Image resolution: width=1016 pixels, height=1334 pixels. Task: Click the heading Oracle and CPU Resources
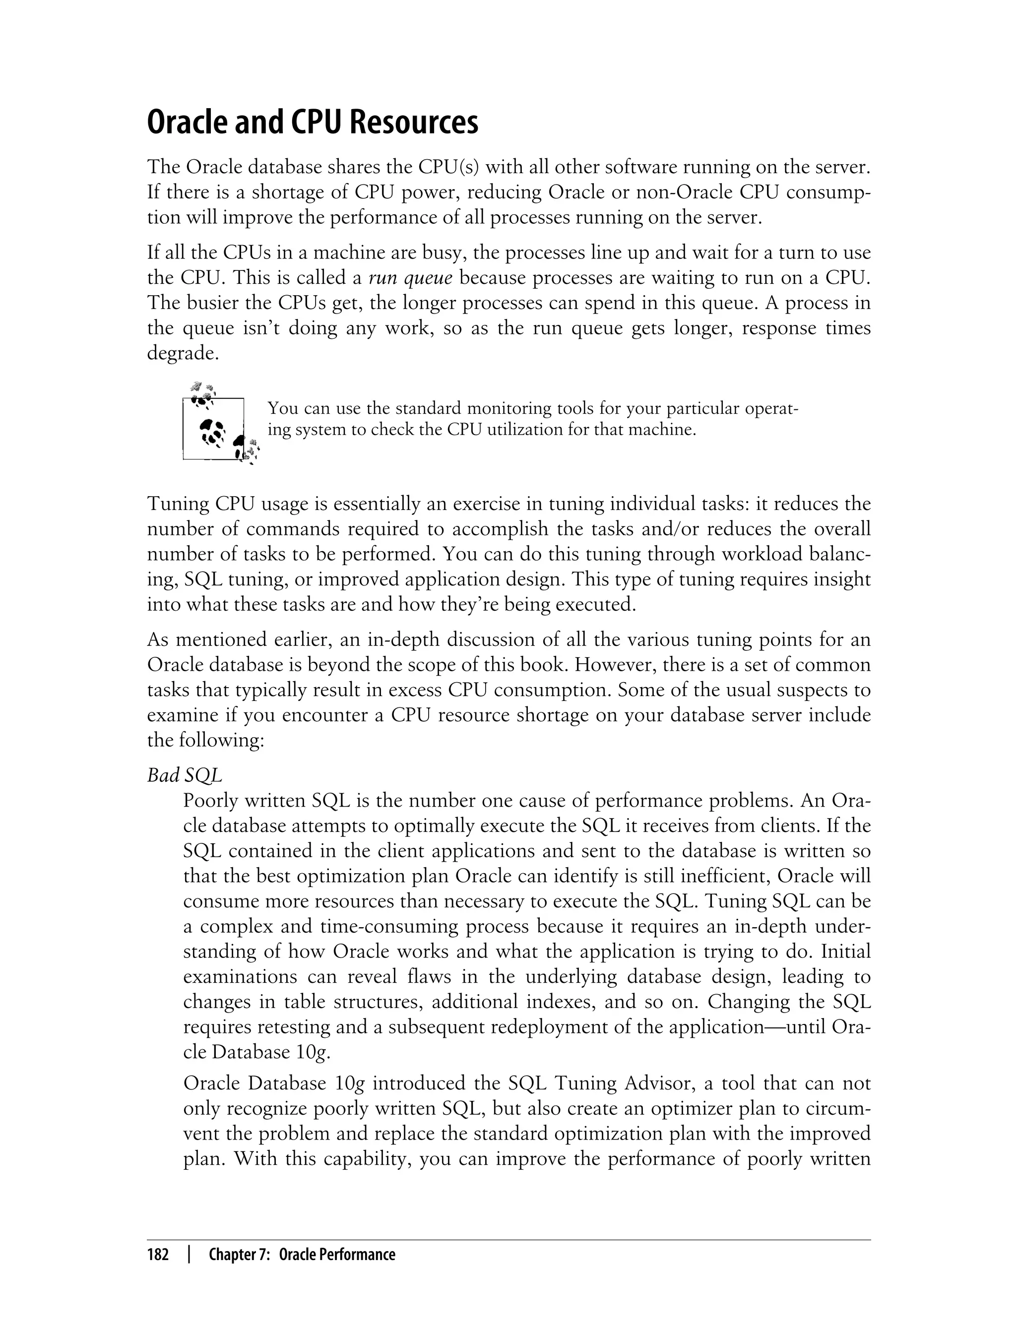click(x=312, y=123)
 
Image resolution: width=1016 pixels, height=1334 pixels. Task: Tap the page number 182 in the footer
click(x=158, y=1255)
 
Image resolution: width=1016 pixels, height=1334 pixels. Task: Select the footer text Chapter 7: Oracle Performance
click(x=302, y=1255)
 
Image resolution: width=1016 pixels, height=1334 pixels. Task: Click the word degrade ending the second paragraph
click(x=182, y=353)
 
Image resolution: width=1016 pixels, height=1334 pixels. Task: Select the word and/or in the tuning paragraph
click(x=666, y=529)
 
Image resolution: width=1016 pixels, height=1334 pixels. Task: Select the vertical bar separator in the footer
click(x=190, y=1255)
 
